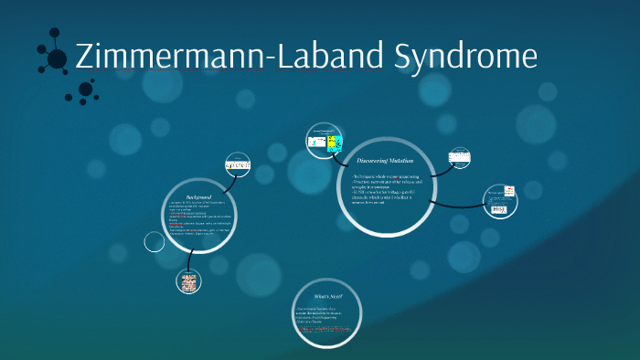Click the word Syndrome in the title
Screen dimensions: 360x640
coord(465,57)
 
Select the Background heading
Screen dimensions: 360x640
coord(199,197)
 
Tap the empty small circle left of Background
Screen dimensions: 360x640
coord(155,242)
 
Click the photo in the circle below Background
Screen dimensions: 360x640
coord(190,282)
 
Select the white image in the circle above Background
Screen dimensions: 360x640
coord(237,164)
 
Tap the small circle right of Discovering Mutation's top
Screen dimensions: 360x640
coord(460,157)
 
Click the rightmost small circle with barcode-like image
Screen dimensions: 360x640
coord(500,202)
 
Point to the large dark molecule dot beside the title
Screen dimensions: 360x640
coord(57,58)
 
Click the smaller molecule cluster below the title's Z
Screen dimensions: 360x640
coord(84,90)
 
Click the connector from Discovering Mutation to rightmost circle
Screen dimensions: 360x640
coord(453,202)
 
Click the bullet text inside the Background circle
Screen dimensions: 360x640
coord(198,219)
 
